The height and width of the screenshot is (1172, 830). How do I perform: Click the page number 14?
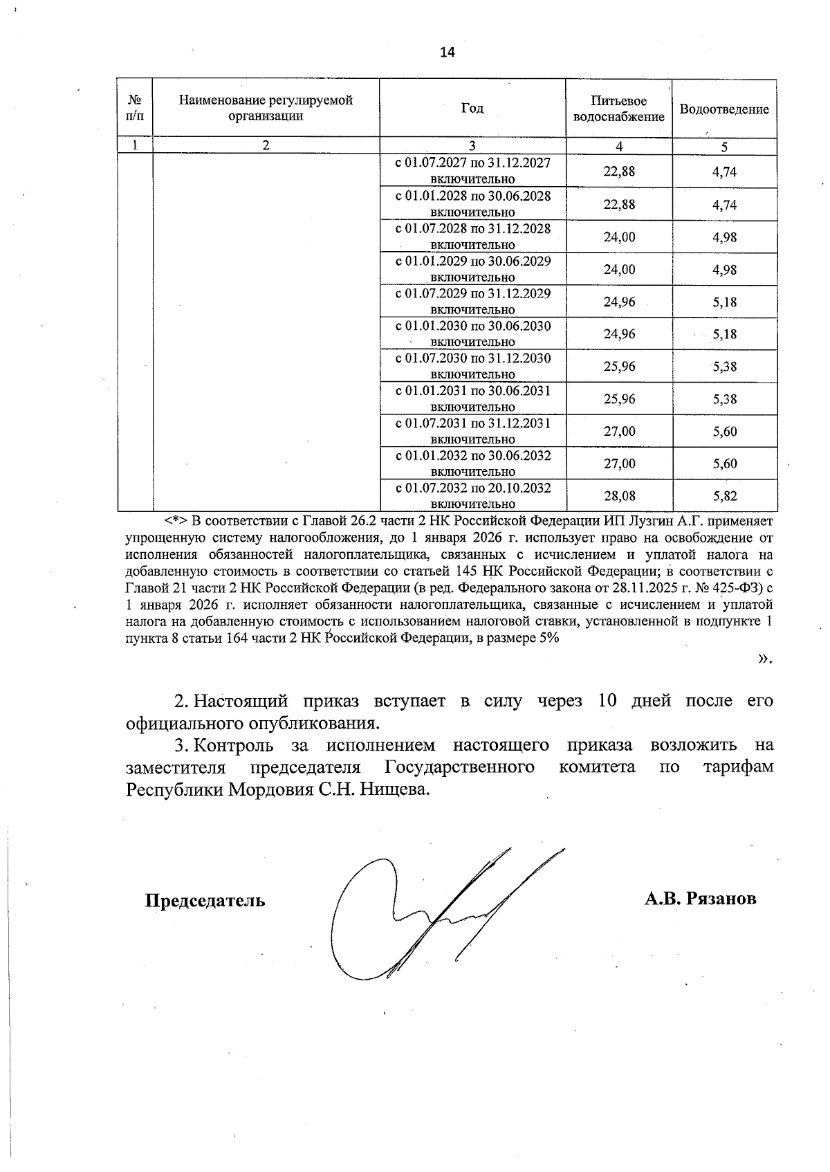[x=448, y=53]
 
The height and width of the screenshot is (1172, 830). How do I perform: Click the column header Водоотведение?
[x=723, y=109]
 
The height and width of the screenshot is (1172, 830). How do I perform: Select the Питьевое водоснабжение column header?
[x=618, y=109]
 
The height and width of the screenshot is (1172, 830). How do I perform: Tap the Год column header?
[x=472, y=108]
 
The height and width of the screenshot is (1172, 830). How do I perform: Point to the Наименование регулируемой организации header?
[x=266, y=108]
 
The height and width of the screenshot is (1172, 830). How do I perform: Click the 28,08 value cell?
[x=618, y=496]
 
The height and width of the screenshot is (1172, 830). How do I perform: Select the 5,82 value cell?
[x=724, y=496]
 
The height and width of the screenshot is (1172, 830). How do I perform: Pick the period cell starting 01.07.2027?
[x=472, y=171]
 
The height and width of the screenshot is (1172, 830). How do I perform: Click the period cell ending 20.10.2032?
[x=472, y=495]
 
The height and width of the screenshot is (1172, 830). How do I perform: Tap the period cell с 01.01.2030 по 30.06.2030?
[x=472, y=333]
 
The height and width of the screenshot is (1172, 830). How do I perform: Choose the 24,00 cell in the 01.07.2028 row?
[x=618, y=237]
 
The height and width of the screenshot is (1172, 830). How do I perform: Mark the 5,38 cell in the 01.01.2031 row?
[x=724, y=399]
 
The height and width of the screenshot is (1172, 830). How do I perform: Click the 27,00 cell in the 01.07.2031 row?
[x=618, y=432]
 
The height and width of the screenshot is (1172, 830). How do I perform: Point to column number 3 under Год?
[x=472, y=146]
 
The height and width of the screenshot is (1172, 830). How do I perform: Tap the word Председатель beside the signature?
[x=205, y=901]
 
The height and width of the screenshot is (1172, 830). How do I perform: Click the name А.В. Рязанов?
[x=700, y=898]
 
